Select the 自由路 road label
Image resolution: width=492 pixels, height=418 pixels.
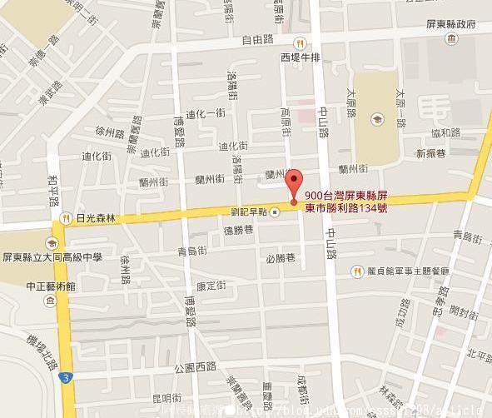pos(258,38)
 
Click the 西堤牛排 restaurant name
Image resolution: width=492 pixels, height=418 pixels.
pos(301,57)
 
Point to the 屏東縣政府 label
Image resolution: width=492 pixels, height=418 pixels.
pos(461,24)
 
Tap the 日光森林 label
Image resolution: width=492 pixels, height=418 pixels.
pos(95,219)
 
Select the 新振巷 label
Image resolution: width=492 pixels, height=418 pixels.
pos(432,153)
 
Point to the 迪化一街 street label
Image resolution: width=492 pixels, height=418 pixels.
pos(206,113)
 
